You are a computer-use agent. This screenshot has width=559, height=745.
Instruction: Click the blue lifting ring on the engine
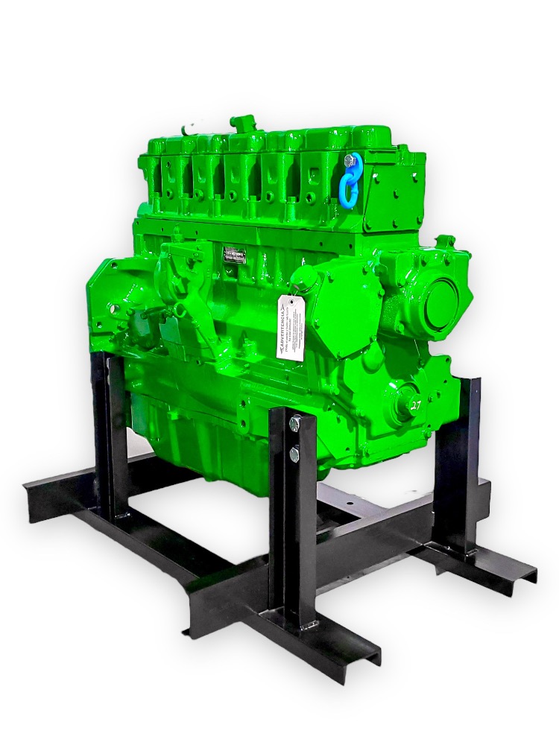[351, 180]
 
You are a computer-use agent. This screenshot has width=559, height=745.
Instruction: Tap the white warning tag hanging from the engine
[290, 327]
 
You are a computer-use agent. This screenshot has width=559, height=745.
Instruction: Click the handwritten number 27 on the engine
[415, 405]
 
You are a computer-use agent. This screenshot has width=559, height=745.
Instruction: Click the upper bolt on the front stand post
[296, 423]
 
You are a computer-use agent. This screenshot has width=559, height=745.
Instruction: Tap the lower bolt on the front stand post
[296, 451]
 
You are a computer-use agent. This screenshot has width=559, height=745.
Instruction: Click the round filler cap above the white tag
[303, 282]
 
